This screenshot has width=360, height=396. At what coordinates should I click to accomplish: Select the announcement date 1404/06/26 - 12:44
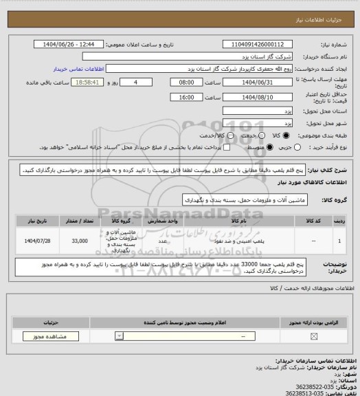click(x=69, y=44)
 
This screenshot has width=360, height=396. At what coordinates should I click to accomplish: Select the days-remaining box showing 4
click(x=142, y=82)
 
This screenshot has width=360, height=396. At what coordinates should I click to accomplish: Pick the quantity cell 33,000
click(x=79, y=241)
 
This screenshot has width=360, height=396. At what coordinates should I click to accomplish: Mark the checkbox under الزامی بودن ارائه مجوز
click(x=314, y=336)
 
